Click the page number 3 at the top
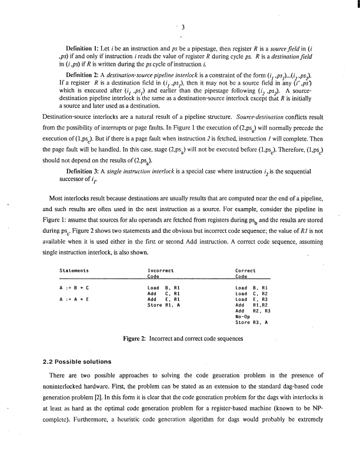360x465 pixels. coord(184,26)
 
